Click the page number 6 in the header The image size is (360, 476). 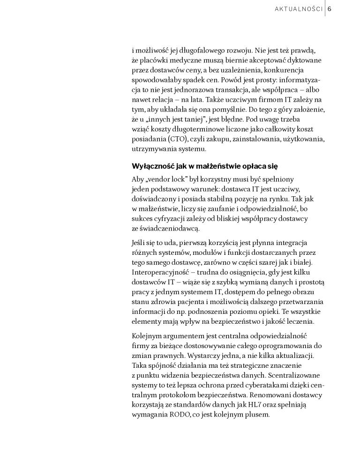pyautogui.click(x=330, y=9)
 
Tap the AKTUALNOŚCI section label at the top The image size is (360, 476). pyautogui.click(x=298, y=9)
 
